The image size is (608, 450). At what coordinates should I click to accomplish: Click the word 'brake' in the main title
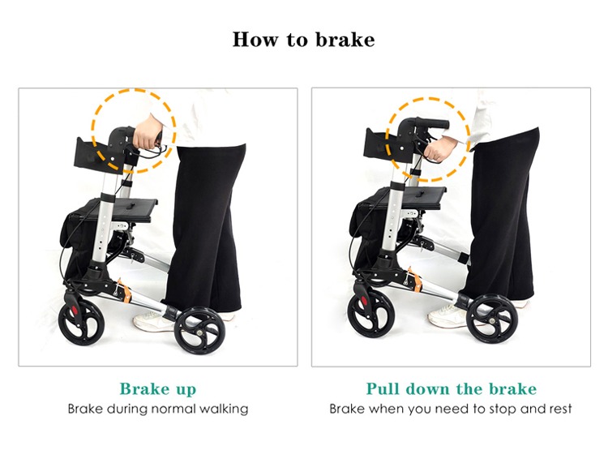(x=345, y=40)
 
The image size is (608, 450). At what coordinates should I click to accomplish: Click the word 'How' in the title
(x=255, y=40)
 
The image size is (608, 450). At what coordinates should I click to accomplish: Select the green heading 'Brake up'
(x=158, y=388)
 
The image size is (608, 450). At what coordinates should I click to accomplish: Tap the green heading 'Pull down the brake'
(x=452, y=388)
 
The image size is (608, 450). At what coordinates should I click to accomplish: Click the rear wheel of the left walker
(x=199, y=331)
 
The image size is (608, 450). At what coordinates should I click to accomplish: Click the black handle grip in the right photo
(x=431, y=125)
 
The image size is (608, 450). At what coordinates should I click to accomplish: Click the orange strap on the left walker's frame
(x=125, y=290)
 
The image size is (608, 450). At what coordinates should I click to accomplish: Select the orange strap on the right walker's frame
(x=415, y=280)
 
